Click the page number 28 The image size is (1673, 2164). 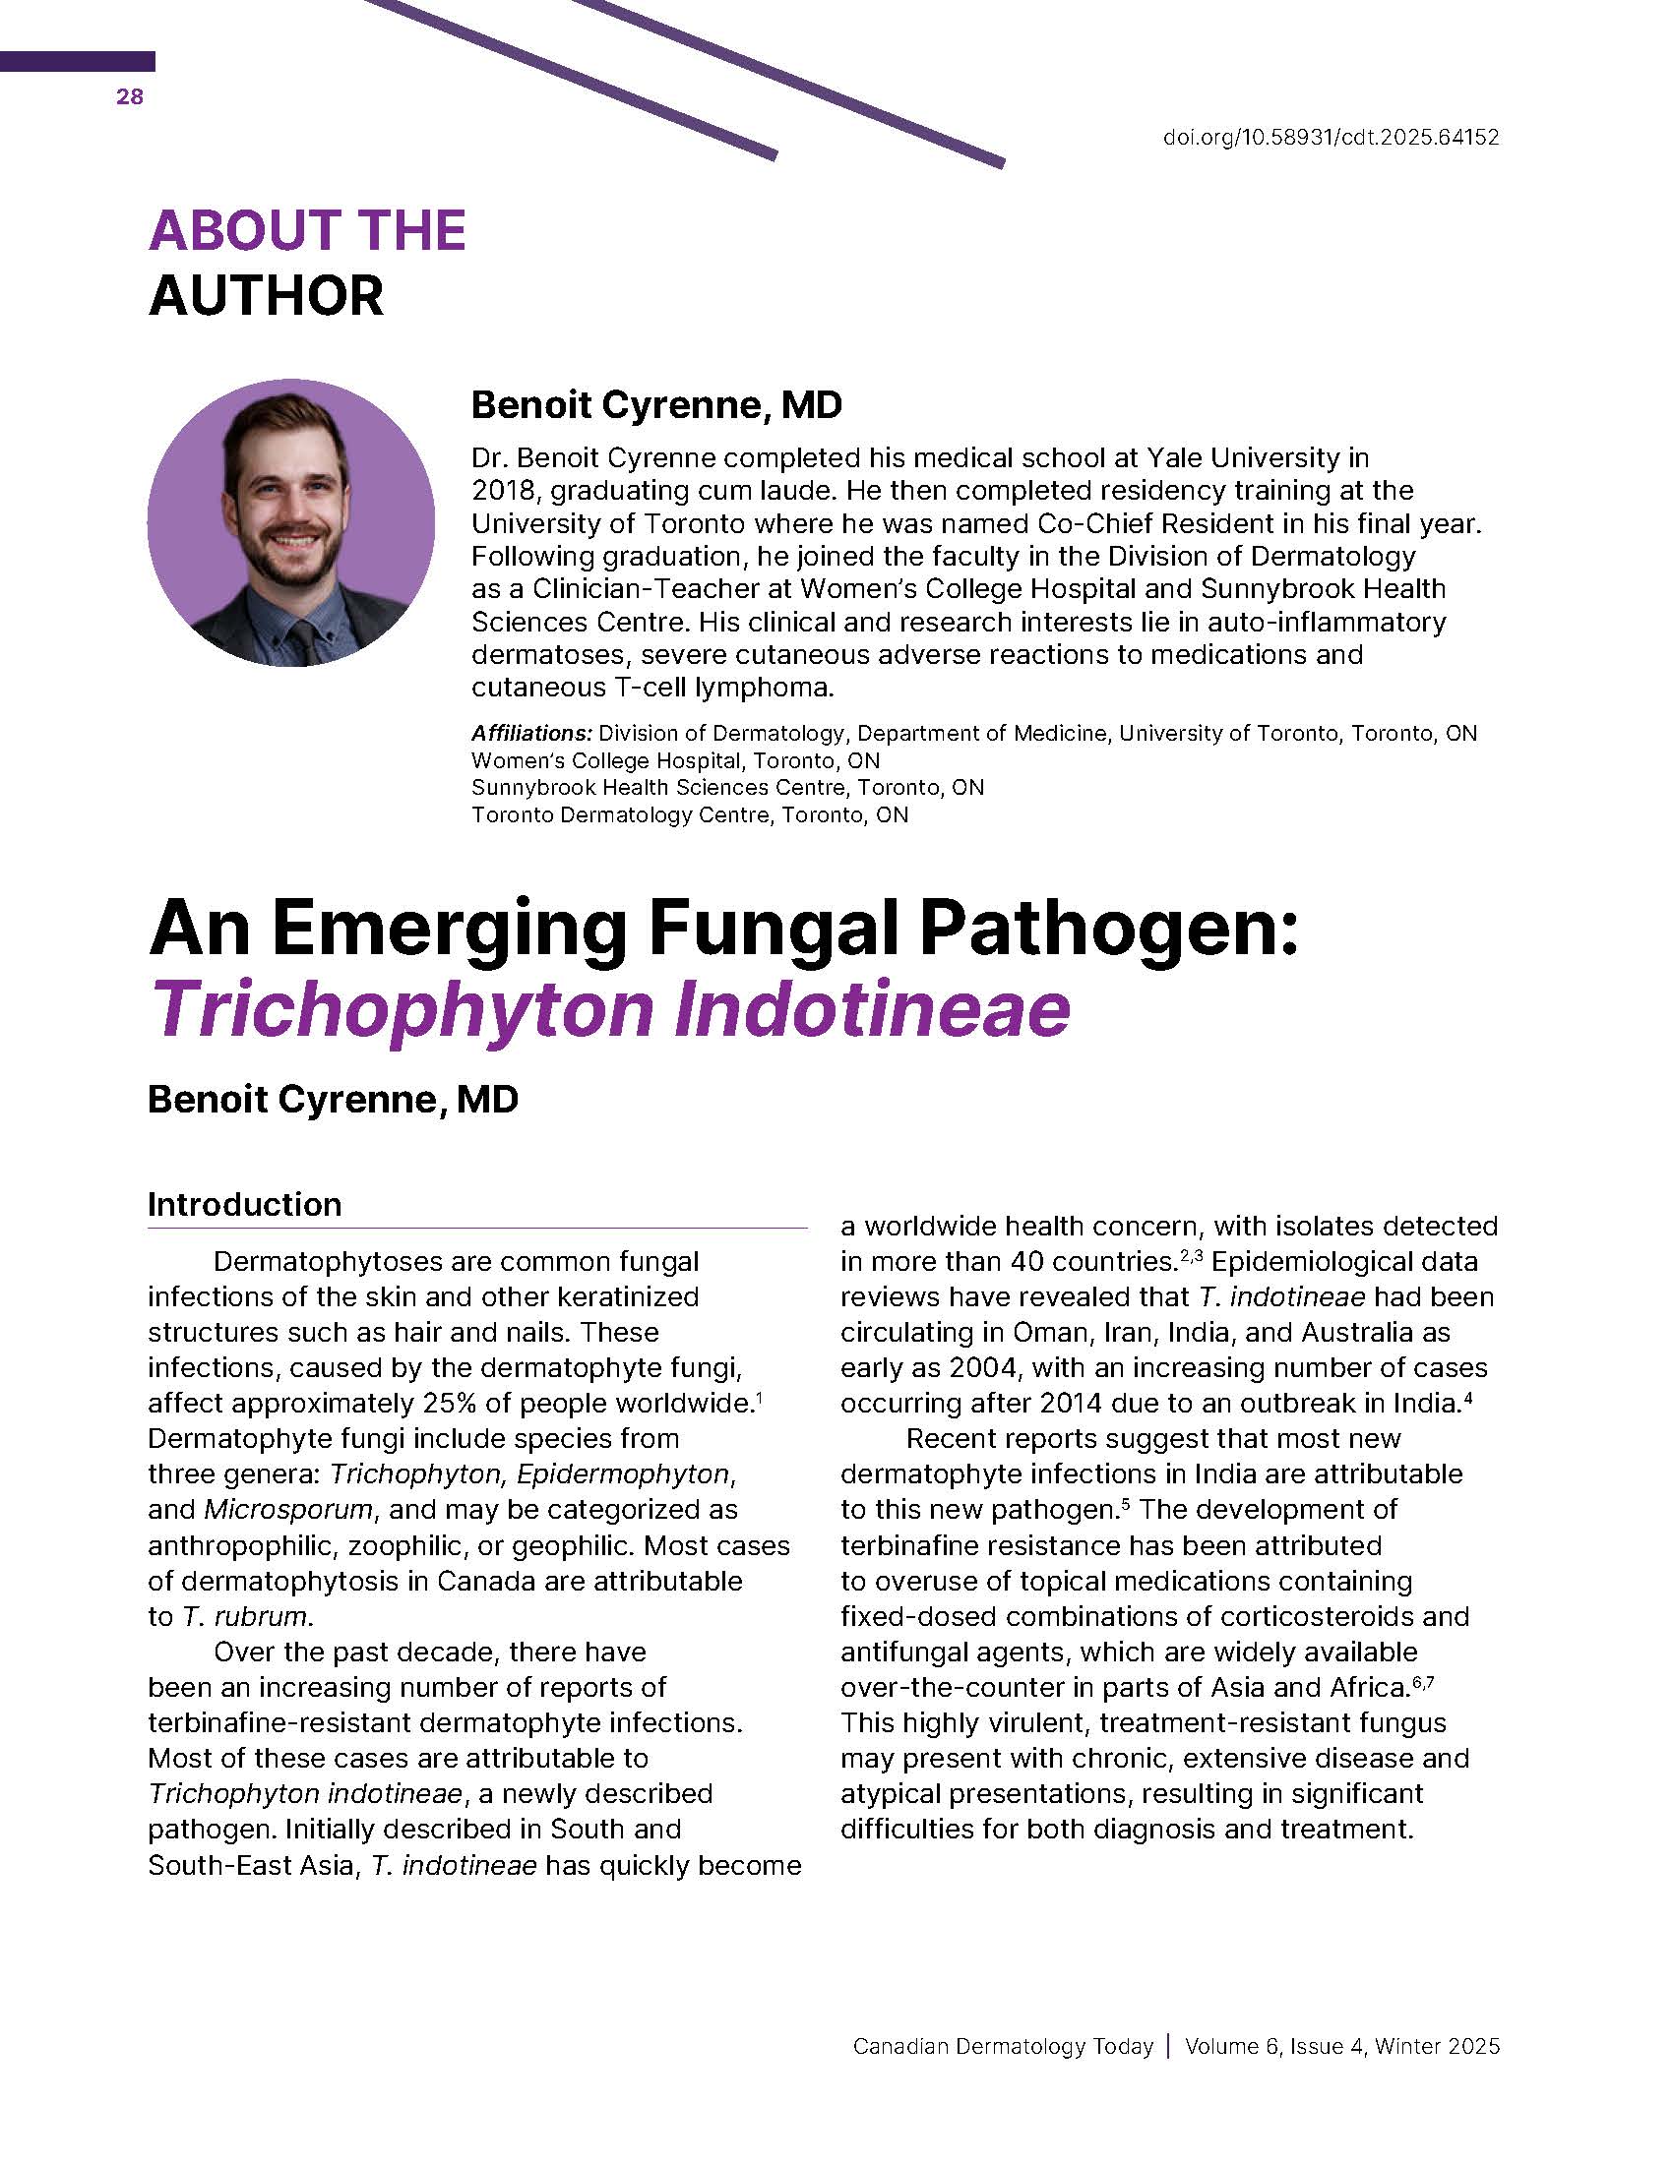[x=129, y=96]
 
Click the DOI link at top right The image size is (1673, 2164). [x=1331, y=138]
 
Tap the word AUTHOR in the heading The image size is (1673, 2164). [x=266, y=296]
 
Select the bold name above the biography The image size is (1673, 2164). [x=656, y=404]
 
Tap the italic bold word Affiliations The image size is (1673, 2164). [x=531, y=733]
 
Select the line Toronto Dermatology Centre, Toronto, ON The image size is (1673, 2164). [x=689, y=814]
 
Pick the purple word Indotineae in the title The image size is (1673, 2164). [x=871, y=1009]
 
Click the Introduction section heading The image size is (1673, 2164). [x=245, y=1204]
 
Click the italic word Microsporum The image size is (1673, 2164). [x=288, y=1509]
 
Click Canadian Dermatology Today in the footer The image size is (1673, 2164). [x=1002, y=2046]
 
